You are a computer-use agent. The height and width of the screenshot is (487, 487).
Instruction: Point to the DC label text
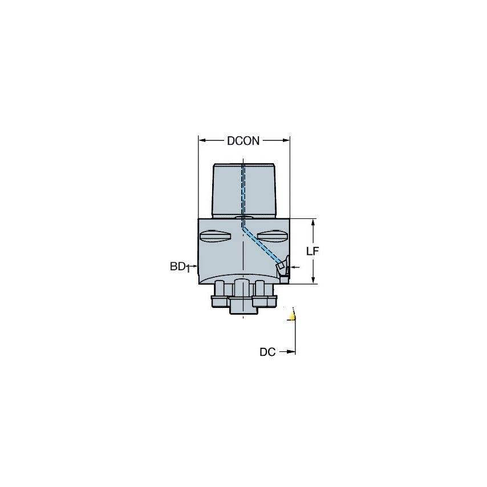267,352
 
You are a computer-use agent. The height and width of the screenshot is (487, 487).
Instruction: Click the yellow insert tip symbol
293,315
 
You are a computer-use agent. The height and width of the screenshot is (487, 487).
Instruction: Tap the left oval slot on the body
214,235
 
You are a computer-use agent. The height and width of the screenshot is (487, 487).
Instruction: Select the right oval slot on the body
271,235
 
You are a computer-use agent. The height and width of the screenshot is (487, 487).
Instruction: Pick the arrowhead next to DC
293,352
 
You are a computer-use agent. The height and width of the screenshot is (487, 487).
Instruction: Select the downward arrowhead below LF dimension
313,279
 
